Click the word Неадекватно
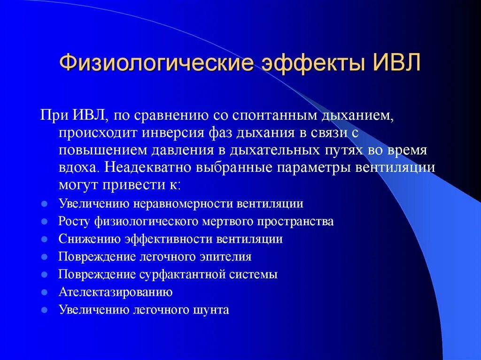[x=149, y=168]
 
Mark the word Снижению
[x=89, y=239]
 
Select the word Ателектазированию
[x=116, y=292]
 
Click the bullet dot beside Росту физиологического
[x=44, y=222]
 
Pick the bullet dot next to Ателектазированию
[x=44, y=292]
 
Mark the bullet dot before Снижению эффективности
[x=44, y=239]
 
